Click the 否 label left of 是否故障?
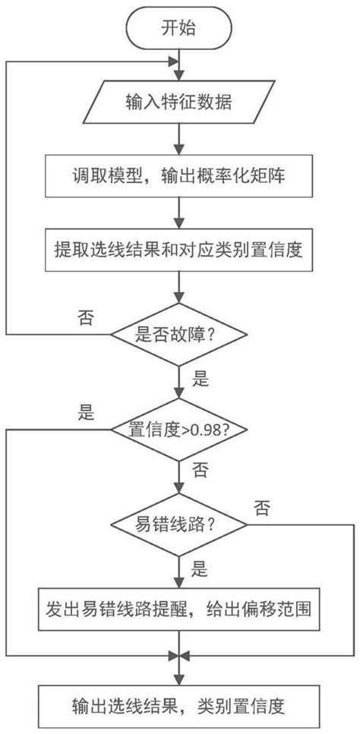[x=85, y=318]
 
